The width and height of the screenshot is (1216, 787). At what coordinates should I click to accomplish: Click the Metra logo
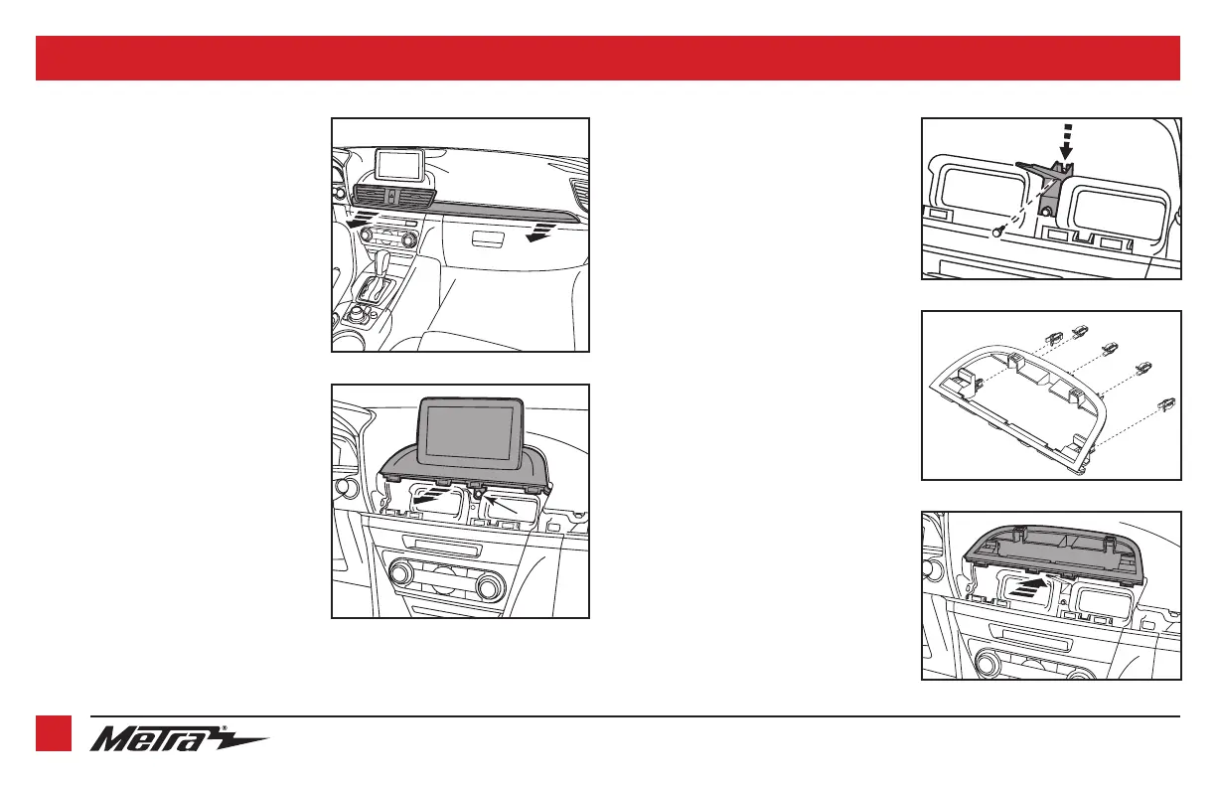coord(179,738)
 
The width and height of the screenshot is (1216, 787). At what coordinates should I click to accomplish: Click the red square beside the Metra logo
coord(54,733)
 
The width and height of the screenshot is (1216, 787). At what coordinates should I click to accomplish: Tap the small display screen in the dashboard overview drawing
coord(399,165)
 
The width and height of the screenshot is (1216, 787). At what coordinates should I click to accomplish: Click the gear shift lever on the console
coord(383,259)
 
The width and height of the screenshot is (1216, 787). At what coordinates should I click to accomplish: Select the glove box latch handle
coord(487,237)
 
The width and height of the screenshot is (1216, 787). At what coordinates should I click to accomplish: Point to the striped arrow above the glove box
coord(541,231)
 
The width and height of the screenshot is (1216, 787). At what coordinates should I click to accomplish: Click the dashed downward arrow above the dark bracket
coord(1067,142)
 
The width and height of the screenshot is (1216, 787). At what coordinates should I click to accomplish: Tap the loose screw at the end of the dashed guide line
coord(997,232)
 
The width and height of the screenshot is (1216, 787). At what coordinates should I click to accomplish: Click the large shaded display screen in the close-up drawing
coord(471,432)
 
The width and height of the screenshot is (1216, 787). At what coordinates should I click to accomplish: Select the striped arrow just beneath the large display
coord(428,495)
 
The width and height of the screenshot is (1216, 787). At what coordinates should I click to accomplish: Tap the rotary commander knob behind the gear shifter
coord(359,312)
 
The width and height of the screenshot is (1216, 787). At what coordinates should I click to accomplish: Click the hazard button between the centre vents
coord(392,196)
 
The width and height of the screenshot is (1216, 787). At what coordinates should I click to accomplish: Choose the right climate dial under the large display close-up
coord(490,585)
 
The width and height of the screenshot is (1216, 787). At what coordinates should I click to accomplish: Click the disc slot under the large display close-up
coord(441,546)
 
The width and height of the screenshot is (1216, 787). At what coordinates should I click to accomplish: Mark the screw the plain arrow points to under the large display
coord(478,493)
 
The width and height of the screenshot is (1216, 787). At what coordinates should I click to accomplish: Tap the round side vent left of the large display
coord(343,487)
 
